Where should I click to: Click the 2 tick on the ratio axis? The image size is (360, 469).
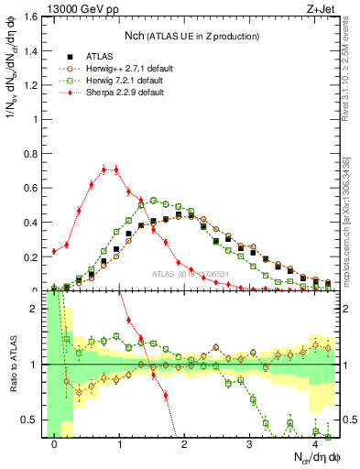point(37,309)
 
